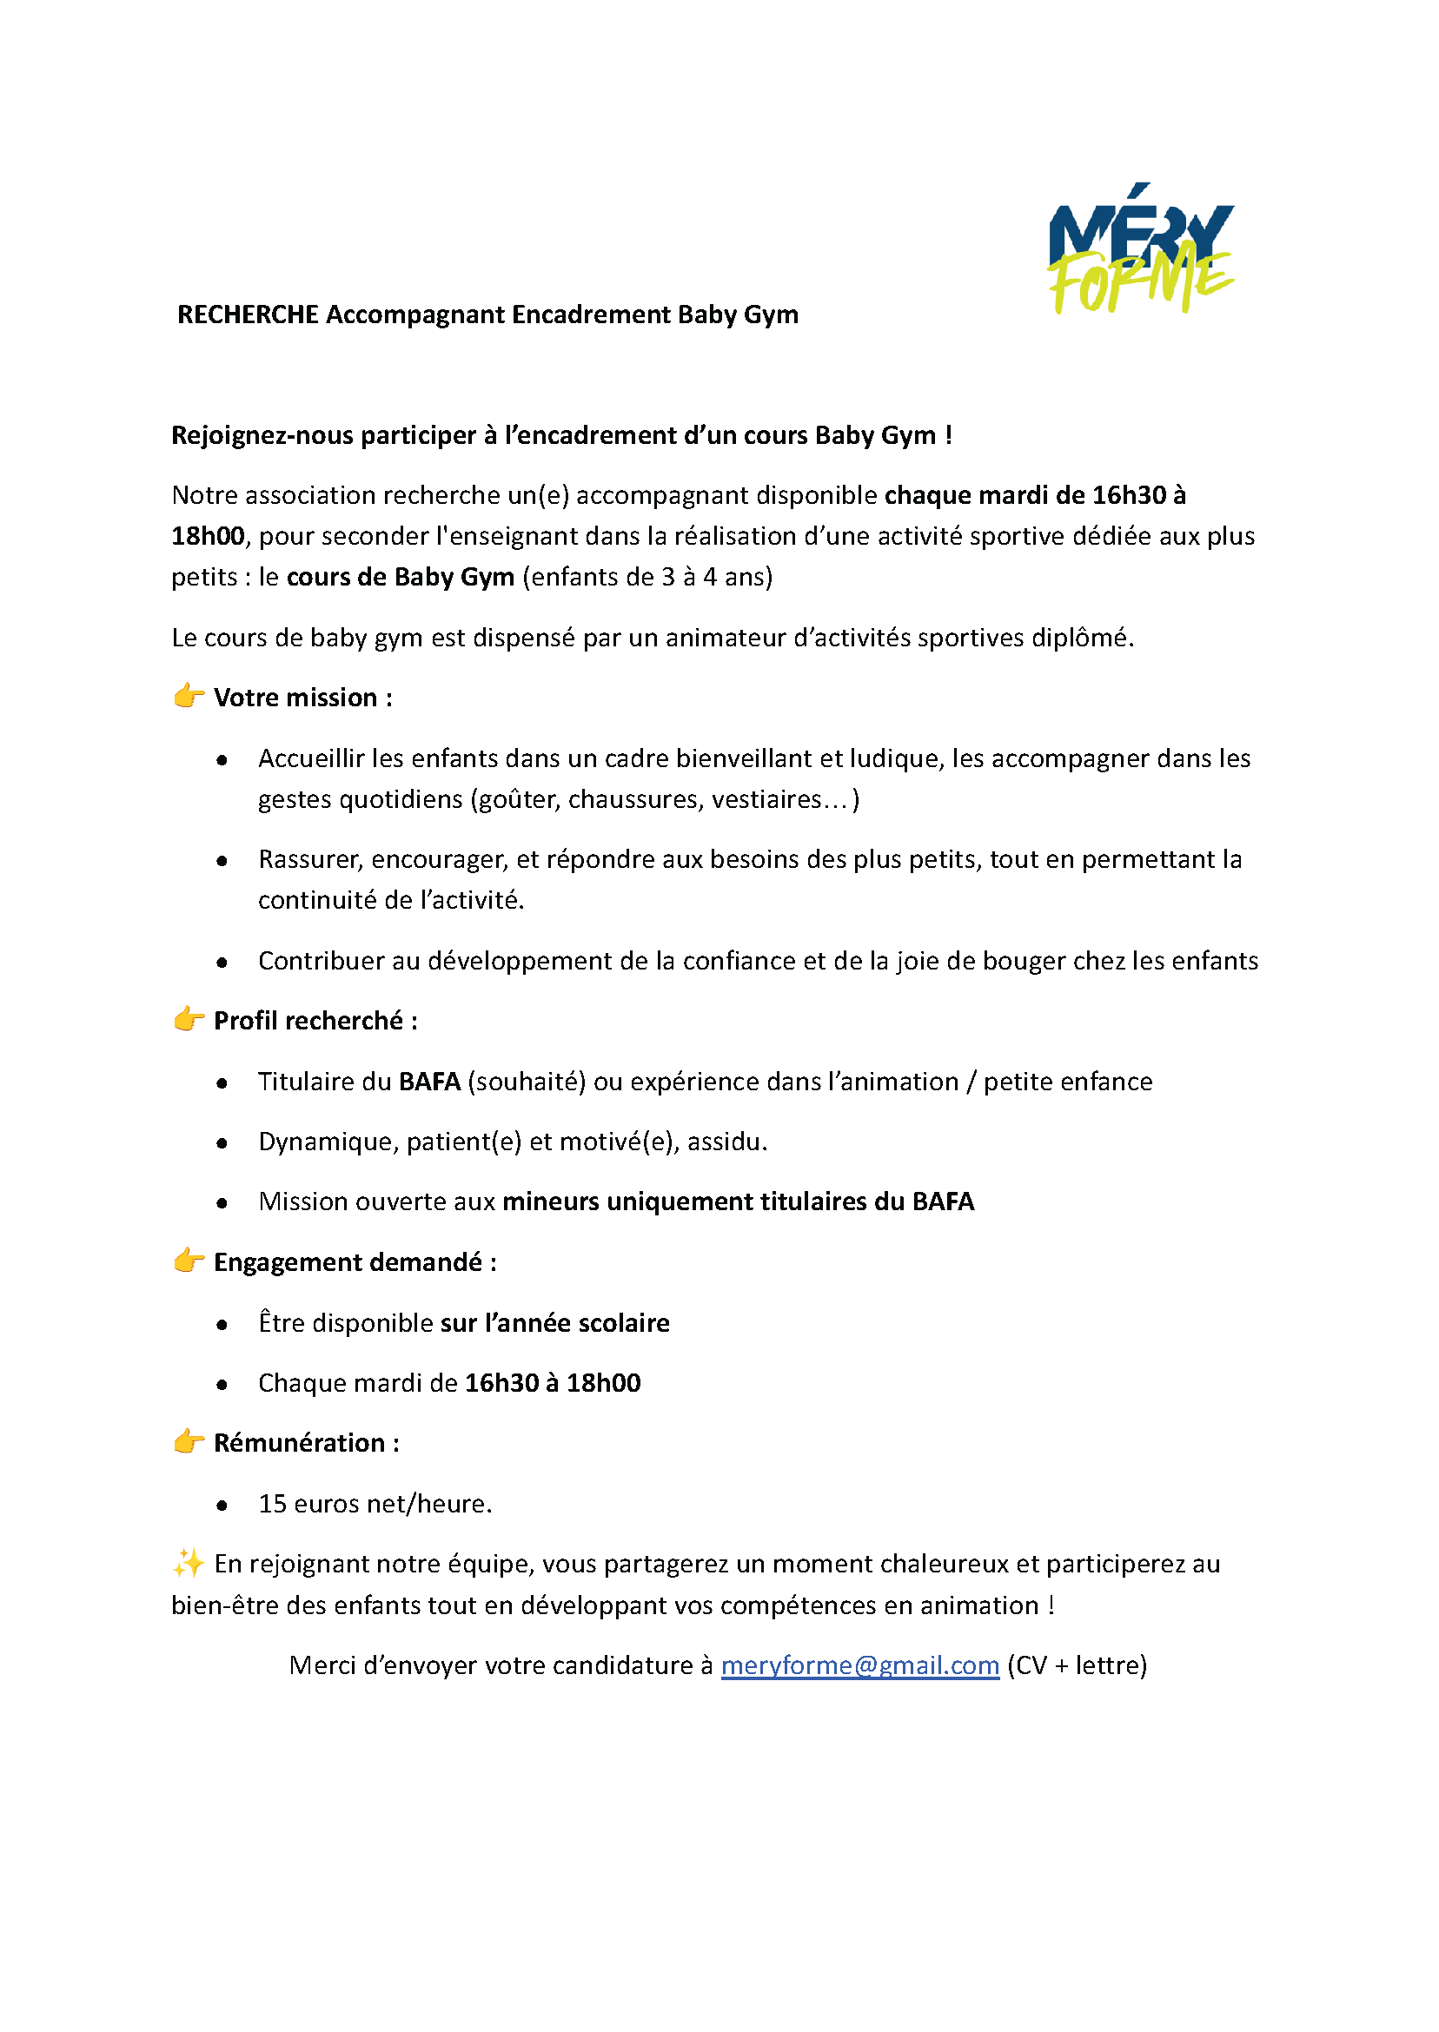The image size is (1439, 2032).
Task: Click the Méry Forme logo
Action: coord(1141,248)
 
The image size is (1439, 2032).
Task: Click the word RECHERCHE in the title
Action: coord(247,314)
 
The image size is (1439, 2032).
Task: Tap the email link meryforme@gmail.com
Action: coord(859,1665)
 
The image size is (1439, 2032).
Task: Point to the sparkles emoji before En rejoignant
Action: coord(188,1564)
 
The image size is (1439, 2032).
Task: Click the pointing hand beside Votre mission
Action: coord(189,696)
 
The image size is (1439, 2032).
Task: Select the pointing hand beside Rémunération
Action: coord(189,1442)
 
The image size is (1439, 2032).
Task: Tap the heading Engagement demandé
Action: coord(348,1261)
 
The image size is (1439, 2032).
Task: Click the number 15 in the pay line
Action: coord(272,1503)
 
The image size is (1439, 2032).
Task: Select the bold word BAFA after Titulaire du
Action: coord(430,1082)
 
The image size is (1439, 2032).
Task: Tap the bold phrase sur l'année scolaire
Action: coord(554,1322)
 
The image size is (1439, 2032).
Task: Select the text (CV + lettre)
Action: coord(1077,1665)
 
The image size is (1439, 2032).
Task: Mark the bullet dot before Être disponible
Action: coord(222,1325)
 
